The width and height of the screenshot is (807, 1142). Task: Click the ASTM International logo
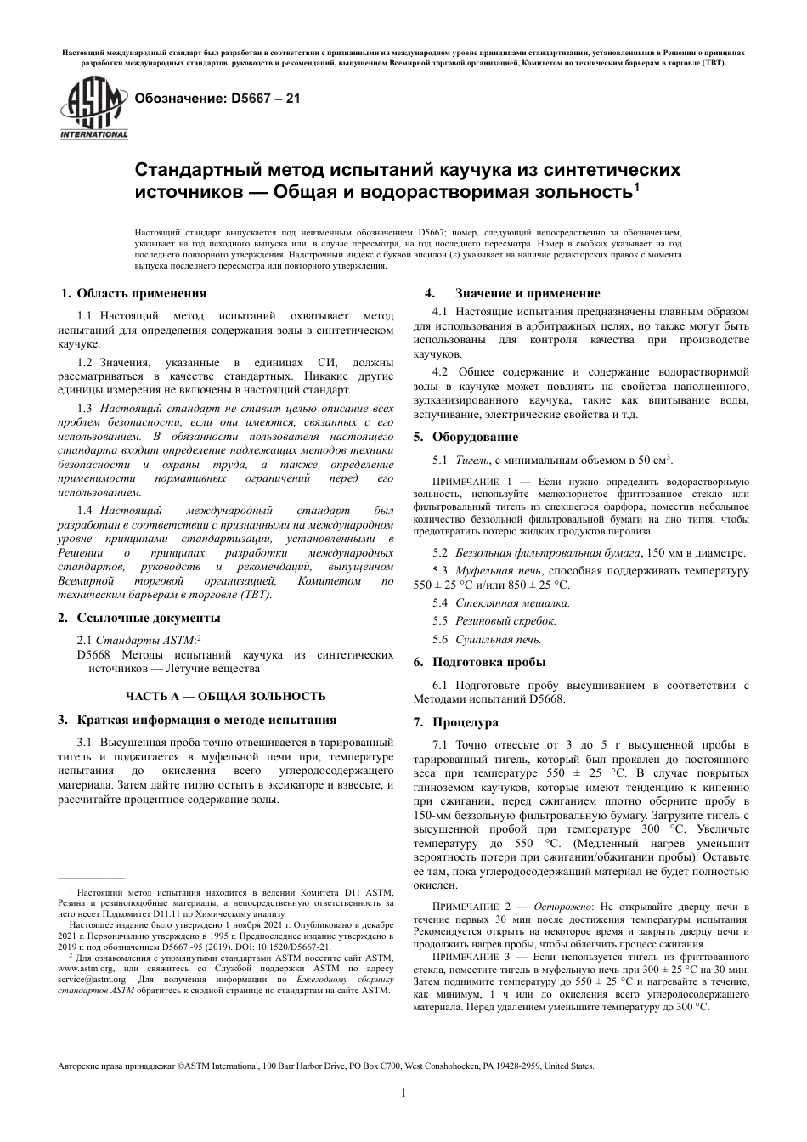point(93,109)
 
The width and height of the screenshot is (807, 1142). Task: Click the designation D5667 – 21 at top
point(212,98)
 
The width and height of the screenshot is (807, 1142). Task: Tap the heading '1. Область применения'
point(133,293)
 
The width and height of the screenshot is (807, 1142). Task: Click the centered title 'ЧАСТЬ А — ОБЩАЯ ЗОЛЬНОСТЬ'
point(226,696)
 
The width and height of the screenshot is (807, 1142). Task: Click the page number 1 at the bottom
point(403,1093)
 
